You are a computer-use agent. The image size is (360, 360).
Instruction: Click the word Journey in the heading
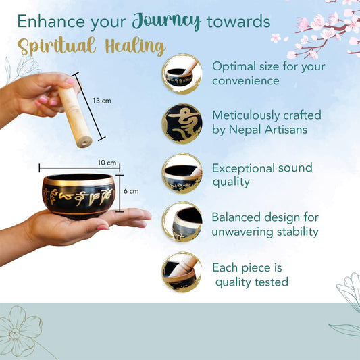coord(166,22)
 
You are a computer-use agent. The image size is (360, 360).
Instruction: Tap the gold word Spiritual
coord(57,46)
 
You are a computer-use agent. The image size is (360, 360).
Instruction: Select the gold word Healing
coord(135,47)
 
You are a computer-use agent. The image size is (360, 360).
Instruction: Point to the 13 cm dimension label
coord(102,101)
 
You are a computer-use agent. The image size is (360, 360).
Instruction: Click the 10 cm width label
coord(107,163)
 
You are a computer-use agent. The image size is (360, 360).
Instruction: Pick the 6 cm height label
coord(131,191)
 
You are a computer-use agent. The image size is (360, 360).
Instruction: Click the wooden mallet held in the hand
coord(75,117)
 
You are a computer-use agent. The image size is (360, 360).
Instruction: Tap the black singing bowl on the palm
coord(78,195)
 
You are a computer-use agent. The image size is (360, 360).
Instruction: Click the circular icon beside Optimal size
coord(182,74)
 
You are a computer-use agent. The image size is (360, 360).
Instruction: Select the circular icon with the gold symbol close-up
coord(182,124)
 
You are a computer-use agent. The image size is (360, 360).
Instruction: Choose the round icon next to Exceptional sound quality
coord(182,174)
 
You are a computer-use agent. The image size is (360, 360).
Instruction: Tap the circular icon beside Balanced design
coord(182,222)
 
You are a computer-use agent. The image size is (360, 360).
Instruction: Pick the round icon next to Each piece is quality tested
coord(182,272)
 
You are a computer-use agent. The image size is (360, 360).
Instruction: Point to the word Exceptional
coord(243,168)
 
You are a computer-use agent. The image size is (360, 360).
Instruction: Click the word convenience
coord(246,81)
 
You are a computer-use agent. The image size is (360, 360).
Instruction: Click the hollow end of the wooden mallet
coord(84,142)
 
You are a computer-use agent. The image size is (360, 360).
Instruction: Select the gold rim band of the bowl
coord(78,182)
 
